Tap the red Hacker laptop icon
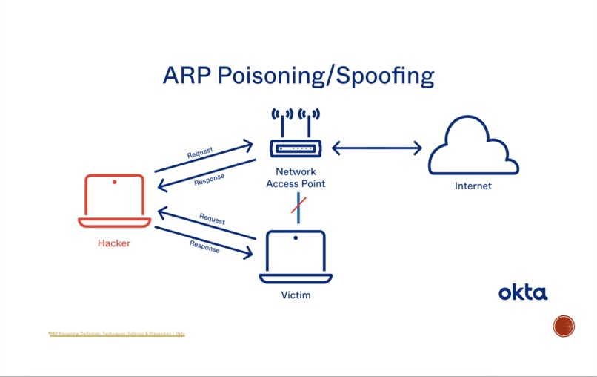coord(114,200)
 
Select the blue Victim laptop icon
coord(296,257)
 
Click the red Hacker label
coord(114,243)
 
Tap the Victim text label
coord(296,295)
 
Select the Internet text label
coord(473,186)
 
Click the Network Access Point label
coord(296,178)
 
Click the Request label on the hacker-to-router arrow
coord(200,153)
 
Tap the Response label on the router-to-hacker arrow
coord(209,179)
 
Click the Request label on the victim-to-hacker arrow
coord(212,220)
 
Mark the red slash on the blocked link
coord(298,205)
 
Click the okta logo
coord(523,292)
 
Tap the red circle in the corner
coord(564,326)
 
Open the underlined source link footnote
coord(117,334)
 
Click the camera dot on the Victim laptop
coord(296,238)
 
